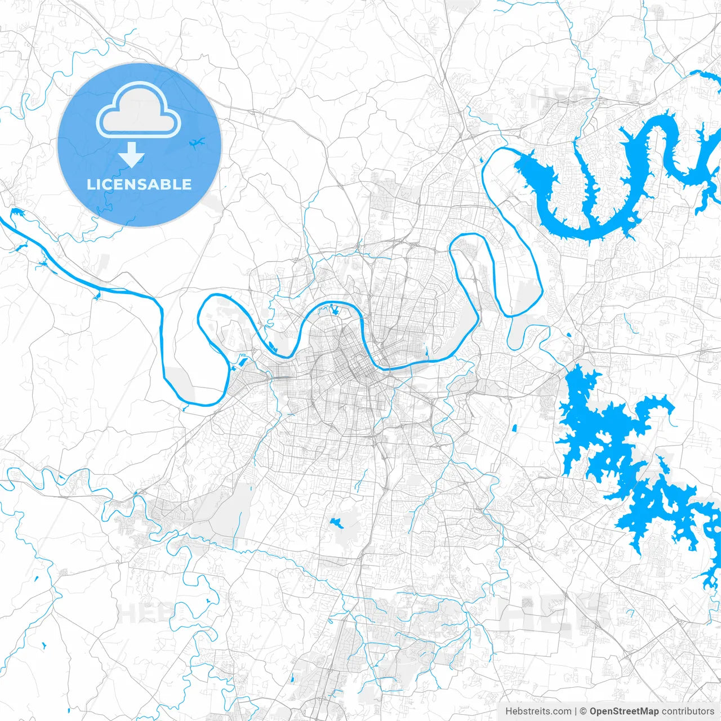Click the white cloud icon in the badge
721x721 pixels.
139,109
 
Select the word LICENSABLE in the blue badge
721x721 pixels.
139,184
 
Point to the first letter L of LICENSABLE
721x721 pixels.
90,184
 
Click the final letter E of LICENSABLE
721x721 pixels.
187,184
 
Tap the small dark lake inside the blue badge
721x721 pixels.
197,143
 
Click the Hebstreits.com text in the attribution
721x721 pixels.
538,711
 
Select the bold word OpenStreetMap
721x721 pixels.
624,711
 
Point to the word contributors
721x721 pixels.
688,711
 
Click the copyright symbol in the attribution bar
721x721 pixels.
583,711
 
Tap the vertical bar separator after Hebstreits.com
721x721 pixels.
575,711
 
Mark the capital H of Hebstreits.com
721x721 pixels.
509,711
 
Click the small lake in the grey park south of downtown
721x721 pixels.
338,523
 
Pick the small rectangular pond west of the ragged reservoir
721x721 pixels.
514,429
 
